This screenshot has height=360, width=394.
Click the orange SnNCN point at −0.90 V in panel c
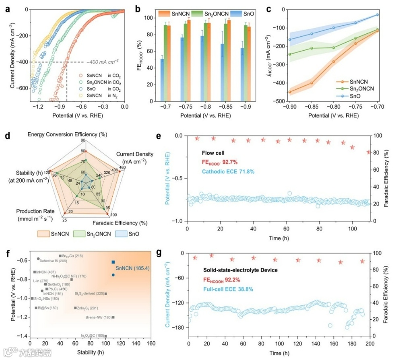(289, 92)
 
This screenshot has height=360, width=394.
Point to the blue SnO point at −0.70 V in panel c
(377, 15)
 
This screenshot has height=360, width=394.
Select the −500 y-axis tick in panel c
(279, 101)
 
